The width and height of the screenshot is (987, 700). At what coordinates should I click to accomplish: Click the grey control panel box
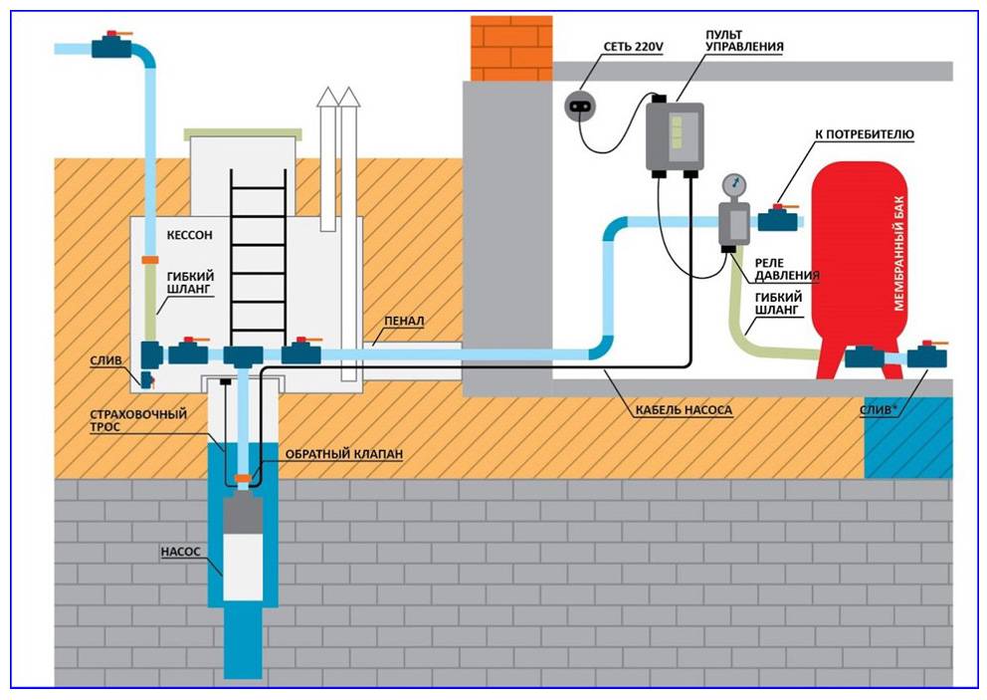(x=675, y=134)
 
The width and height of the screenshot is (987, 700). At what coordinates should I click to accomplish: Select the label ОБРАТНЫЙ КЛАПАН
(x=344, y=454)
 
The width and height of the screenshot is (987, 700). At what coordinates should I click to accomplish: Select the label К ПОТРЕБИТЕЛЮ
(x=865, y=132)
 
